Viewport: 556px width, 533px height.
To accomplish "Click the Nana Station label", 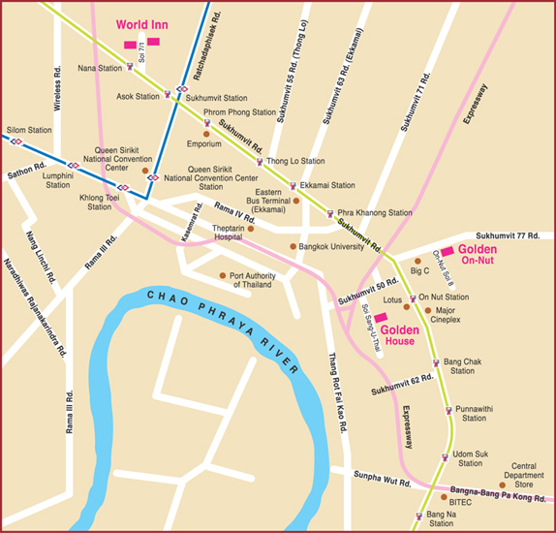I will [100, 69].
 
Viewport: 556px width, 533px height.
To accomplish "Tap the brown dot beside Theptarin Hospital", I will [250, 229].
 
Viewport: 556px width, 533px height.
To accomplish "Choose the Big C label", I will [420, 271].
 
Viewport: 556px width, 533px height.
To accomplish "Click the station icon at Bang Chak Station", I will [435, 363].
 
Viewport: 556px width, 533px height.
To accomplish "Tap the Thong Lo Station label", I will [294, 161].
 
